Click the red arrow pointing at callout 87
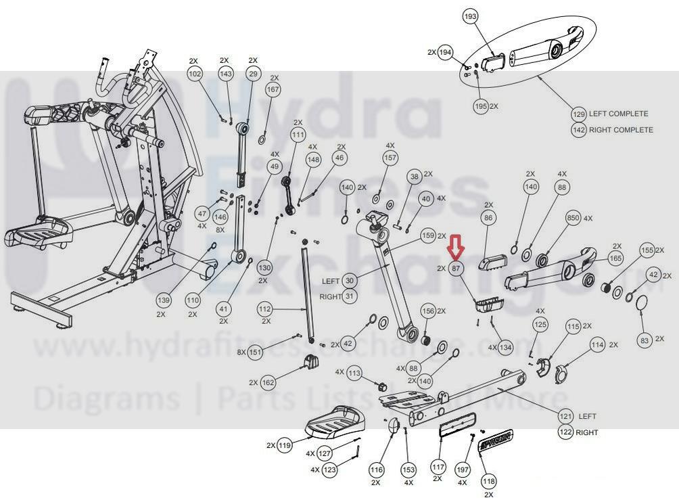coord(456,248)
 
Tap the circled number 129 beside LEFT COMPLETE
coord(578,114)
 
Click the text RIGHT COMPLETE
coord(621,130)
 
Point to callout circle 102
coord(195,73)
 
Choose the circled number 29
coord(253,73)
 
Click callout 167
coord(273,90)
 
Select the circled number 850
coord(573,219)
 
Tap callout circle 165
coord(615,258)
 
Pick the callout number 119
coord(285,446)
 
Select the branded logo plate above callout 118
coord(494,440)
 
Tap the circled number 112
coord(264,309)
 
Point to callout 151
coord(254,352)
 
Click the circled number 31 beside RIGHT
coord(350,296)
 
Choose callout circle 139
coord(164,299)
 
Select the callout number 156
coord(427,311)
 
